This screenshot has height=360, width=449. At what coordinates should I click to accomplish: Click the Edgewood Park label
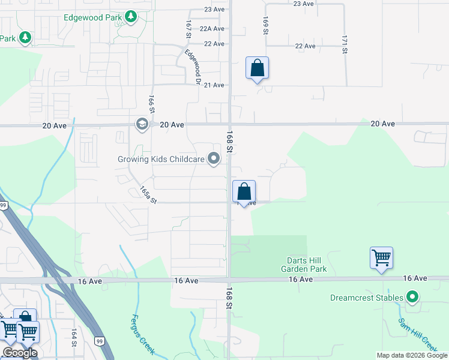coord(93,17)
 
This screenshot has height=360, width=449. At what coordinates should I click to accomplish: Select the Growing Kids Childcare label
coord(161,159)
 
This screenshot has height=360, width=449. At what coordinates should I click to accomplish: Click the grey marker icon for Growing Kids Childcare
coord(214,159)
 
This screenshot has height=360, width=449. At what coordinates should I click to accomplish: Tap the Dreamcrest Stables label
coord(366,298)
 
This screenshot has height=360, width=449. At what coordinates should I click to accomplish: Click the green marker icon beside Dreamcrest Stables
coord(412,297)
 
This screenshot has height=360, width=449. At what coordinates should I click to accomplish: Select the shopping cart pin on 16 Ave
coord(382,259)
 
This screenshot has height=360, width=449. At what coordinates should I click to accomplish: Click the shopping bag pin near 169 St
coord(257,68)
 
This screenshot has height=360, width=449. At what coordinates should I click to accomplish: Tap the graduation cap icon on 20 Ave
coord(142,124)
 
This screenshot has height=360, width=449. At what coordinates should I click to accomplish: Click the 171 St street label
coord(345,44)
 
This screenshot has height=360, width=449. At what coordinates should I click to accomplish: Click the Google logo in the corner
coord(20,353)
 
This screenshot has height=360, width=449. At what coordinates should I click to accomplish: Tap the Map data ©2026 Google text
coord(412,355)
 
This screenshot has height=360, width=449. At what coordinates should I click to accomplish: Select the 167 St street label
coord(188,29)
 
